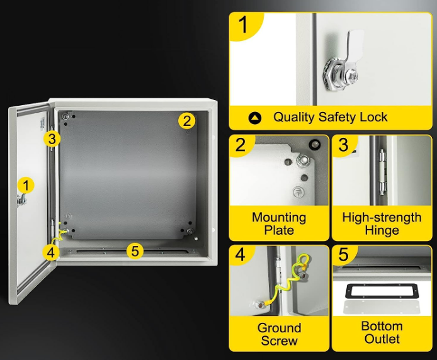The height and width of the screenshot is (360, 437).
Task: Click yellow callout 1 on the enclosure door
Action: [x=26, y=186]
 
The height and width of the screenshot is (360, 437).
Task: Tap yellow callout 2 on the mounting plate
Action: [x=187, y=121]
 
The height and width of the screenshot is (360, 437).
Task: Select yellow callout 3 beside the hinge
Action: [x=52, y=138]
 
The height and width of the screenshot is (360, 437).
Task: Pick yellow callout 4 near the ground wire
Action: [x=51, y=252]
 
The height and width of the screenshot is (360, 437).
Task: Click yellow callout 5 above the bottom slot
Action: [x=135, y=250]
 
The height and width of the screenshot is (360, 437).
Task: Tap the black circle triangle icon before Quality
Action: [x=255, y=118]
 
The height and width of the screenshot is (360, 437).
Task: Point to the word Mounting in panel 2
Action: [x=279, y=218]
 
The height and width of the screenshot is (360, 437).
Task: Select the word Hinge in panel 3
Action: [x=382, y=230]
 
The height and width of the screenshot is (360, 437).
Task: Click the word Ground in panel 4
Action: [x=279, y=328]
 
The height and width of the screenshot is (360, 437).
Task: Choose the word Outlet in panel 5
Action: [x=382, y=339]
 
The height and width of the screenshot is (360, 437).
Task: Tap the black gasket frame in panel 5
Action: [x=382, y=291]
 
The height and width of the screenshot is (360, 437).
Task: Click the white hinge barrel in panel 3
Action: [x=382, y=172]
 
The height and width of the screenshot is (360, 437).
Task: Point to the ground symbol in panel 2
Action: [x=298, y=192]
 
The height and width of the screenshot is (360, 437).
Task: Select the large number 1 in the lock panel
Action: [x=243, y=25]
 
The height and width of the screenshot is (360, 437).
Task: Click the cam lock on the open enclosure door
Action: [x=22, y=200]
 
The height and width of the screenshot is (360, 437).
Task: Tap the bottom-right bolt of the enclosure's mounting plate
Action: [x=190, y=231]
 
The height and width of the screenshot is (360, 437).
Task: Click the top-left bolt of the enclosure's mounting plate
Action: [x=65, y=116]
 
